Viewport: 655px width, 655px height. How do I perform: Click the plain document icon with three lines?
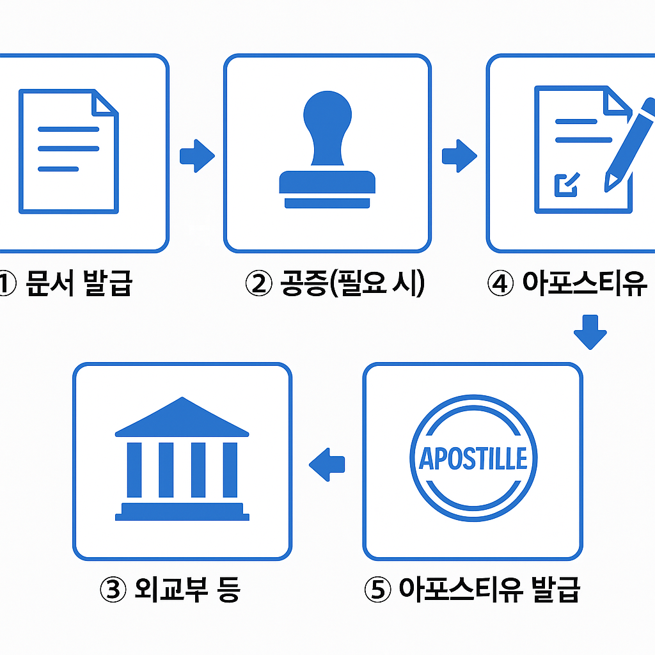point(69,151)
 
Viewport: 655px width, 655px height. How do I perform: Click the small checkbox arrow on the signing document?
point(565,184)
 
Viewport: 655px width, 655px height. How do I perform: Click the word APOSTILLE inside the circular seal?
point(473,458)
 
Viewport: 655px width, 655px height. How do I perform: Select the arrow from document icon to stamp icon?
point(196,155)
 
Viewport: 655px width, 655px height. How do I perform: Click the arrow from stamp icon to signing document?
point(459,155)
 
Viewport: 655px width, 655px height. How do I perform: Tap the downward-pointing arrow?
point(590,331)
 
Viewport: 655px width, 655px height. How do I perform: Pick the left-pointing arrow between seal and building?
point(327,463)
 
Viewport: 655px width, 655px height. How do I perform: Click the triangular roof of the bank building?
point(182,419)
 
